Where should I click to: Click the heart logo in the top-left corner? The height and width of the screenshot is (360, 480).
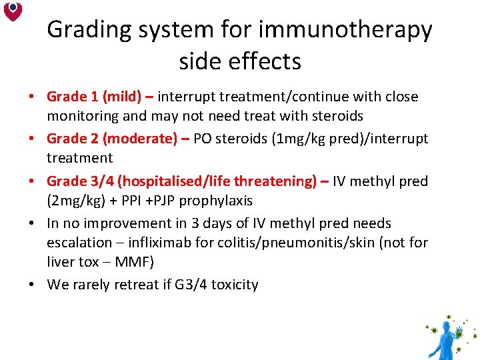(13, 11)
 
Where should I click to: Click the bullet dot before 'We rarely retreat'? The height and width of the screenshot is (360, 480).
(32, 285)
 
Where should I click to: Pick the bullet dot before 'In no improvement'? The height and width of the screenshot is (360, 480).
(32, 223)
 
